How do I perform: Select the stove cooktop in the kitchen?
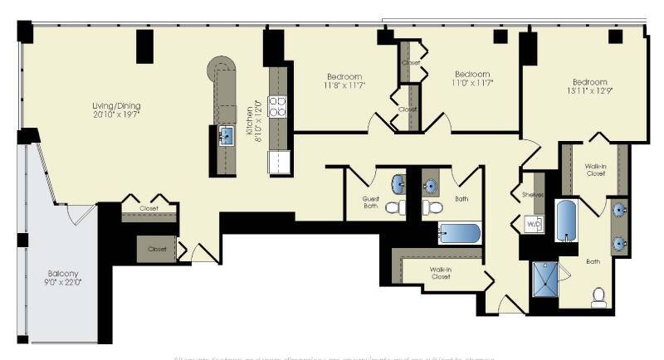[278, 106]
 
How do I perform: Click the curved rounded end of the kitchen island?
[222, 66]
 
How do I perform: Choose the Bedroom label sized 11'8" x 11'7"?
[344, 80]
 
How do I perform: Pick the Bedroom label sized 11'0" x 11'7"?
[472, 78]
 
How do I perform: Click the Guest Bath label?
[371, 202]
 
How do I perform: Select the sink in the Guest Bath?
[398, 182]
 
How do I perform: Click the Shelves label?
[533, 196]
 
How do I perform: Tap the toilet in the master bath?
[598, 296]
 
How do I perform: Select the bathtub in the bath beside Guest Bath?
[459, 233]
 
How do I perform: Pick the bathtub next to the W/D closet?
[566, 219]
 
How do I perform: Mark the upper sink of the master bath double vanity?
[619, 211]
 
